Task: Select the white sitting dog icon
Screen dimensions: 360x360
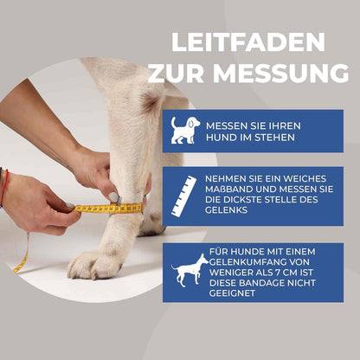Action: click(x=184, y=130)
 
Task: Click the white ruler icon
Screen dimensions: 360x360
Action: click(x=184, y=196)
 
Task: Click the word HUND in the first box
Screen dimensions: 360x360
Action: click(x=221, y=138)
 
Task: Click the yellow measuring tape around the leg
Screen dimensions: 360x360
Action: click(x=108, y=208)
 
